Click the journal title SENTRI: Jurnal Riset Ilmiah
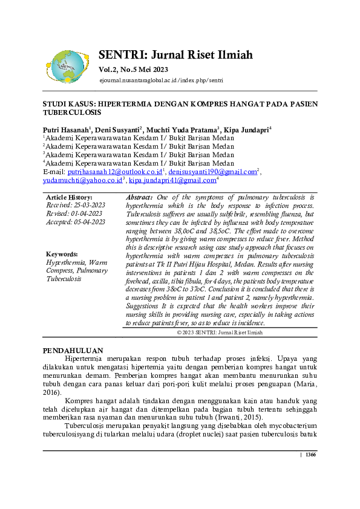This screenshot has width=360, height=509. pos(175,55)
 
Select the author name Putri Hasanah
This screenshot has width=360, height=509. pos(66,130)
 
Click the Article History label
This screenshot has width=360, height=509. pos(69,198)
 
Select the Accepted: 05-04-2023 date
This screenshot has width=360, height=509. pos(76,222)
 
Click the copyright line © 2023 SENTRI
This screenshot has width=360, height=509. pos(220,332)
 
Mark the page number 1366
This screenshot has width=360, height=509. pos(310,455)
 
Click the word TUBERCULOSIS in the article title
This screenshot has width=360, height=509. pos(71,112)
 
